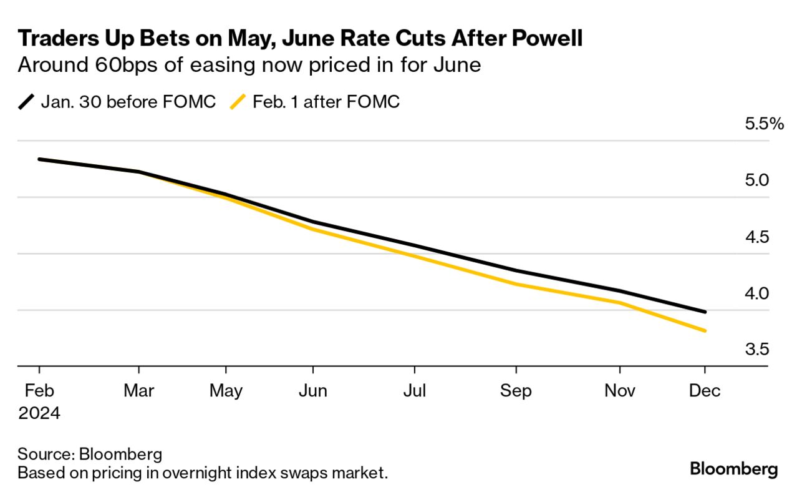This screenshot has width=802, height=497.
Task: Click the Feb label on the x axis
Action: click(39, 391)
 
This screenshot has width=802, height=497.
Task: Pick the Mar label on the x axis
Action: click(138, 391)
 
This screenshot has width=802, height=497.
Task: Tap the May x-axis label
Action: click(226, 391)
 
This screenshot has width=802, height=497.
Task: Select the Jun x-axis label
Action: click(313, 391)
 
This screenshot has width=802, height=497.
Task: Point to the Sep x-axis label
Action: click(516, 391)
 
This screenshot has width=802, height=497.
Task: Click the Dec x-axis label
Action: click(705, 391)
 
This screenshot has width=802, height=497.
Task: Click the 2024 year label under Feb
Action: click(39, 413)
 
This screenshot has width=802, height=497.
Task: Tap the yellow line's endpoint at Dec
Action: click(705, 331)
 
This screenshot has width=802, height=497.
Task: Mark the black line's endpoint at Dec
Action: click(705, 312)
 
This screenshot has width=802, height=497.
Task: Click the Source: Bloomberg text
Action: click(90, 454)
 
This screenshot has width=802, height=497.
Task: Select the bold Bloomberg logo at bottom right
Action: click(733, 469)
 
